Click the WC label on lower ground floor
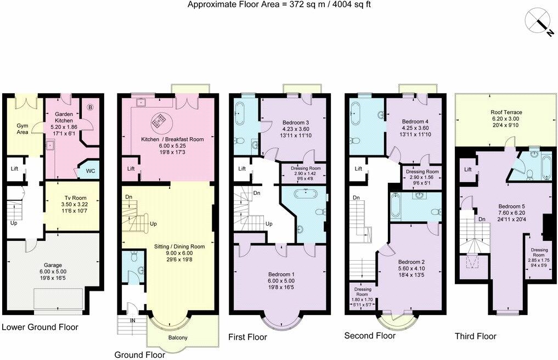(91, 171)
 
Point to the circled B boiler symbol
(90, 108)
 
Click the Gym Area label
(22, 129)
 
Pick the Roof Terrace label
(506, 113)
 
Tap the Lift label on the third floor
(467, 170)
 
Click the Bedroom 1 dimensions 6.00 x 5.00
(281, 282)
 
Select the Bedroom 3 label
(296, 122)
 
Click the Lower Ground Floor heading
(40, 327)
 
